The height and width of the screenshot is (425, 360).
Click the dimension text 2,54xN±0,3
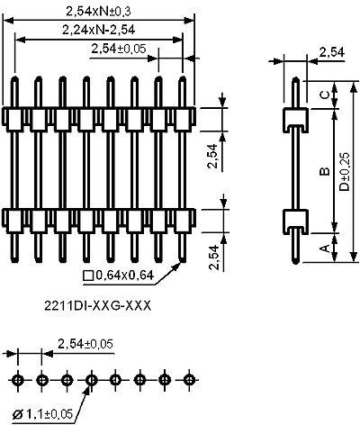click(x=98, y=11)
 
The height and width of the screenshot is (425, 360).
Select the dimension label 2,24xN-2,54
click(x=99, y=30)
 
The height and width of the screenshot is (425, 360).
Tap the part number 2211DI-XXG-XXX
click(x=98, y=306)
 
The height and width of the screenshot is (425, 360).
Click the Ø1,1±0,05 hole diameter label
click(x=42, y=414)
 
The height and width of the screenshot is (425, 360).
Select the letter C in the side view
click(x=325, y=95)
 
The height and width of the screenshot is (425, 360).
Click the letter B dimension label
click(x=325, y=171)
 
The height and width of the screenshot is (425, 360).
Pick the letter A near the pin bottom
click(x=325, y=249)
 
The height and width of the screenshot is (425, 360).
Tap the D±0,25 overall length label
click(x=345, y=172)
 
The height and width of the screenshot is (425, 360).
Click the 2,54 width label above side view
click(x=331, y=52)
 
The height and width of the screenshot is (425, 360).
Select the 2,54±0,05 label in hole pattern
click(x=85, y=344)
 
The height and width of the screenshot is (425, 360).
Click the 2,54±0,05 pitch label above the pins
click(x=119, y=49)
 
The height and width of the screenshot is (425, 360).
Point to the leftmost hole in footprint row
click(x=18, y=380)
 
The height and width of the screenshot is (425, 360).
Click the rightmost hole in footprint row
click(x=188, y=380)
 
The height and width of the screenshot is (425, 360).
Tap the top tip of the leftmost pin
click(x=14, y=77)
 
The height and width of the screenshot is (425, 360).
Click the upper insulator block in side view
click(x=295, y=120)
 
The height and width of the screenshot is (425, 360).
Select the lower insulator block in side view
click(x=295, y=222)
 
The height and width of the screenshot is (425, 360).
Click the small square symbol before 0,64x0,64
click(x=88, y=276)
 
